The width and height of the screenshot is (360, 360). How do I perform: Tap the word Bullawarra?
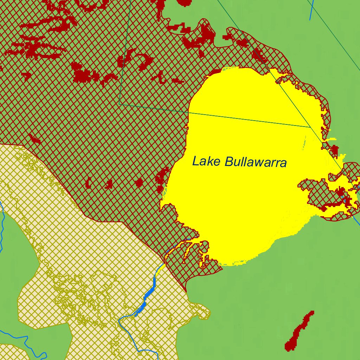coord(256,162)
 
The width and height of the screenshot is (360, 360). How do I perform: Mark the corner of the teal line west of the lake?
coord(120,104)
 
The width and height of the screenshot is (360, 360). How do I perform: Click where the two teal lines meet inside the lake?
coord(309,127)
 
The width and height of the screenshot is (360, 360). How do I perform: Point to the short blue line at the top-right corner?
coord(311,11)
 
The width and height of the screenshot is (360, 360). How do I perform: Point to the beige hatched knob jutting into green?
coord(202,311)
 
